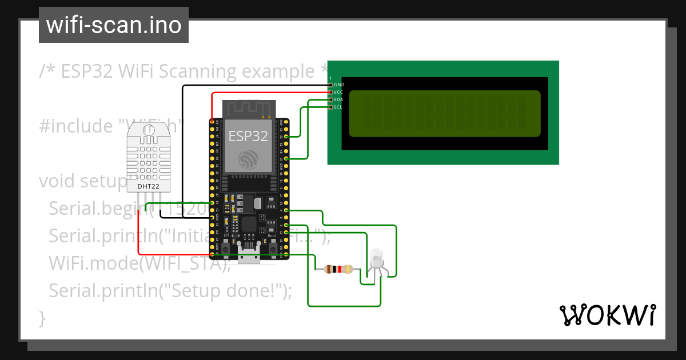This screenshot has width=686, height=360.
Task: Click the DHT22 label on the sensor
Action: pyautogui.click(x=147, y=186)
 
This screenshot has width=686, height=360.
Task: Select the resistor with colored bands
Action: pyautogui.click(x=337, y=269)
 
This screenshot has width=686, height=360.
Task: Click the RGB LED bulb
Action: pyautogui.click(x=377, y=258)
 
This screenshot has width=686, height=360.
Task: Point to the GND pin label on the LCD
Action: pyautogui.click(x=339, y=85)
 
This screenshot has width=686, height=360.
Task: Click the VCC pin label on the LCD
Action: pyautogui.click(x=339, y=92)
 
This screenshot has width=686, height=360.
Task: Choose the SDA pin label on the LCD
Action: pyautogui.click(x=339, y=99)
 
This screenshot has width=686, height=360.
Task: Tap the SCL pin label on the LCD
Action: pyautogui.click(x=338, y=107)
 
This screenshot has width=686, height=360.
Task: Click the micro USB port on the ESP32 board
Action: pyautogui.click(x=249, y=258)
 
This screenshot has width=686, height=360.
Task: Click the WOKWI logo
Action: pyautogui.click(x=607, y=315)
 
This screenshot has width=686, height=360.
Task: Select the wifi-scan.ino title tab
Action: pyautogui.click(x=113, y=25)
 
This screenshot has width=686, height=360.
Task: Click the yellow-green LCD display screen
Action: pyautogui.click(x=444, y=114)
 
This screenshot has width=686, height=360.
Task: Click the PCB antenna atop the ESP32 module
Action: pyautogui.click(x=248, y=109)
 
